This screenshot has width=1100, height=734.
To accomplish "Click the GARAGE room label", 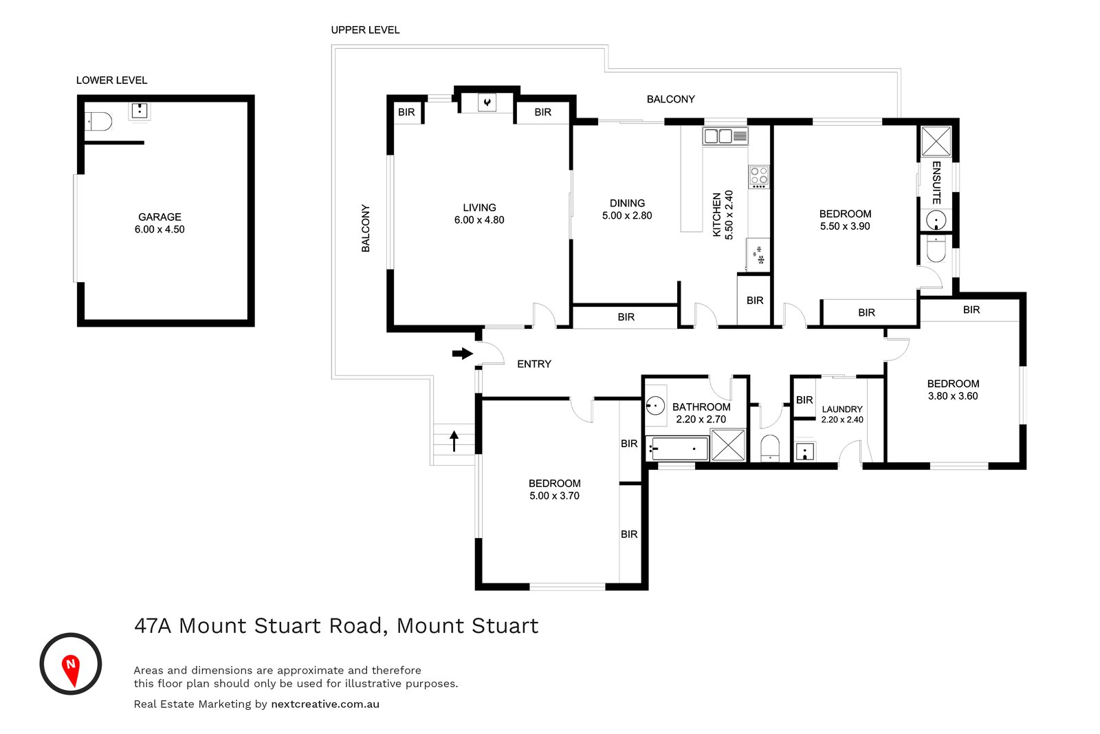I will click(159, 217).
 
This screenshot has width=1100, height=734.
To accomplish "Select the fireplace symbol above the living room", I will click(487, 102).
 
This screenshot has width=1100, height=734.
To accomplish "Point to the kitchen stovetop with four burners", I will click(759, 176).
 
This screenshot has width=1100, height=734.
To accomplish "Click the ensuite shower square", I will click(936, 141).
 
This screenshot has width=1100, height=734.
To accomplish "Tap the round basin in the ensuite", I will click(936, 221).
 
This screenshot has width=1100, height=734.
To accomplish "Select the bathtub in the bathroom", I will click(677, 449).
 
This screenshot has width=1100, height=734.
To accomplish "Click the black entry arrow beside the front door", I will click(462, 354).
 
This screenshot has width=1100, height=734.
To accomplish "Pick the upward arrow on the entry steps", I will click(454, 440).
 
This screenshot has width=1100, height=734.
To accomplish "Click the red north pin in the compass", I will click(71, 669).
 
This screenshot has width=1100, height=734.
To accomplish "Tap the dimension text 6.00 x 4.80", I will click(479, 220).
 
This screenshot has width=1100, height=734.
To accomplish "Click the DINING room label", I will click(627, 203).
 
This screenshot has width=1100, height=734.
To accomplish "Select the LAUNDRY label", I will click(841, 409).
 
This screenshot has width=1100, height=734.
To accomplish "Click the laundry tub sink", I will click(805, 451).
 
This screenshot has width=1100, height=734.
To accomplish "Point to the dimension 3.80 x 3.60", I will click(953, 396).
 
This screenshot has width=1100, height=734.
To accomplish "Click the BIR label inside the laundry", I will click(804, 400).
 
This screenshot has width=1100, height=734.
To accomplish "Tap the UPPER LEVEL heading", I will click(365, 30).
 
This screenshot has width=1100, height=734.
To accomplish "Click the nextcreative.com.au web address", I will click(325, 704).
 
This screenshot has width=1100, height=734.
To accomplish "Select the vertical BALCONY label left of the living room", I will click(366, 228).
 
